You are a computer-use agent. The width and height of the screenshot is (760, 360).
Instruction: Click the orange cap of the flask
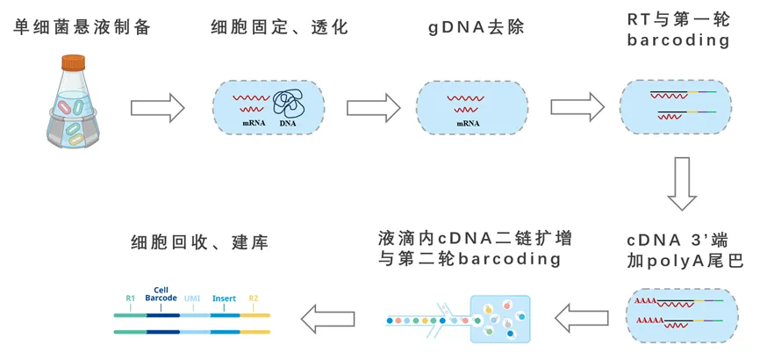[x=73, y=62]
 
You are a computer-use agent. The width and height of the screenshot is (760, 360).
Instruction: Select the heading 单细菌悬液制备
[x=82, y=27]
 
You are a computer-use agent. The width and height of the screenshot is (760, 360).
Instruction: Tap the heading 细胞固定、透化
[x=280, y=27]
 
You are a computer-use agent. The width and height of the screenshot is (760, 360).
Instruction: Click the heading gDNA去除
[x=476, y=27]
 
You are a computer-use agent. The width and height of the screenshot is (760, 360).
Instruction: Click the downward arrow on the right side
[x=682, y=184]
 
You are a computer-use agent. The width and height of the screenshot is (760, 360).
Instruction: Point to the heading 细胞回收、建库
[x=199, y=241]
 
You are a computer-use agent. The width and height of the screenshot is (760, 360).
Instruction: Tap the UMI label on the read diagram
[x=192, y=299]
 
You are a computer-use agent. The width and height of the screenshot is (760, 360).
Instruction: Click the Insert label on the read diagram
[x=225, y=299]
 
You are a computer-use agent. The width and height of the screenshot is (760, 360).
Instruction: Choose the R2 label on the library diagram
[x=254, y=299]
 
